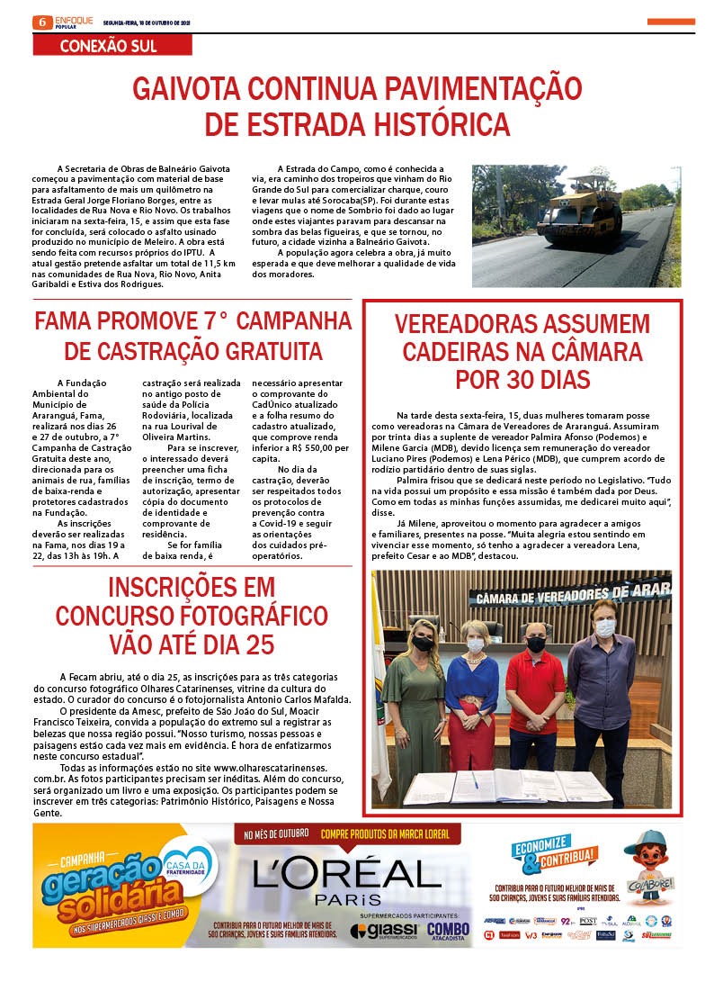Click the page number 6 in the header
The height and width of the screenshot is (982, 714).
click(40, 21)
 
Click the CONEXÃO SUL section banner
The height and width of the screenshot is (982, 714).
click(108, 45)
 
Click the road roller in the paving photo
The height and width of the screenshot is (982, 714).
click(580, 209)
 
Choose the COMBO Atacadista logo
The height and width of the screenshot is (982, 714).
click(448, 931)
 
